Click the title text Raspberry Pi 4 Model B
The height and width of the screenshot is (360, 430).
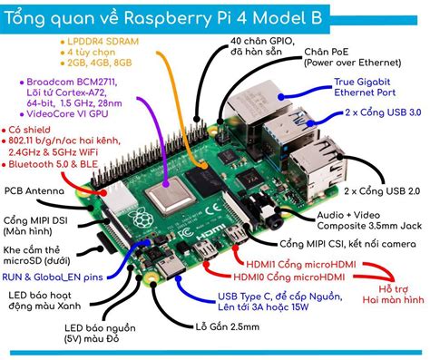click(x=223, y=18)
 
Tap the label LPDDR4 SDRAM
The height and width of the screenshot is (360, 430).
click(x=103, y=42)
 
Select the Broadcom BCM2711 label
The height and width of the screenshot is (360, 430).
click(x=72, y=82)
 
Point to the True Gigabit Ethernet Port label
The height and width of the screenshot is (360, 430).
click(x=365, y=87)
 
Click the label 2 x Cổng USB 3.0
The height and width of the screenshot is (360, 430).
click(x=383, y=112)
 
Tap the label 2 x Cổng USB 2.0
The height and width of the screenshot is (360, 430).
click(x=382, y=191)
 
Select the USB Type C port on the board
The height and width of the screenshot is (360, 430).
click(x=171, y=268)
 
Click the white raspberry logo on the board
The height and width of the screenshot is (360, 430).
click(x=140, y=218)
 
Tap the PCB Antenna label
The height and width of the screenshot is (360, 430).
click(x=34, y=191)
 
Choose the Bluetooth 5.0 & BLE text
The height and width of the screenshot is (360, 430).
click(x=54, y=164)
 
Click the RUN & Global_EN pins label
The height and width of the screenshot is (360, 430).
click(x=53, y=277)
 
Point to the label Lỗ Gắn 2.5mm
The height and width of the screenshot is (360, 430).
click(x=228, y=326)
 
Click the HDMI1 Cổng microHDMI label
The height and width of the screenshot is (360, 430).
click(x=301, y=265)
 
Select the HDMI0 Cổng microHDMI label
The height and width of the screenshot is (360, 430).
click(x=288, y=277)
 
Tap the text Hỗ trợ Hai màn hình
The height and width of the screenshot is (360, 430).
click(x=393, y=295)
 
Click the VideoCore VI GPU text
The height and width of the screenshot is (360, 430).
click(x=67, y=114)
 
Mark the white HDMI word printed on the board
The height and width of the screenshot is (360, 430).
click(x=210, y=233)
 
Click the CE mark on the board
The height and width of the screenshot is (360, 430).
click(x=212, y=209)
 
